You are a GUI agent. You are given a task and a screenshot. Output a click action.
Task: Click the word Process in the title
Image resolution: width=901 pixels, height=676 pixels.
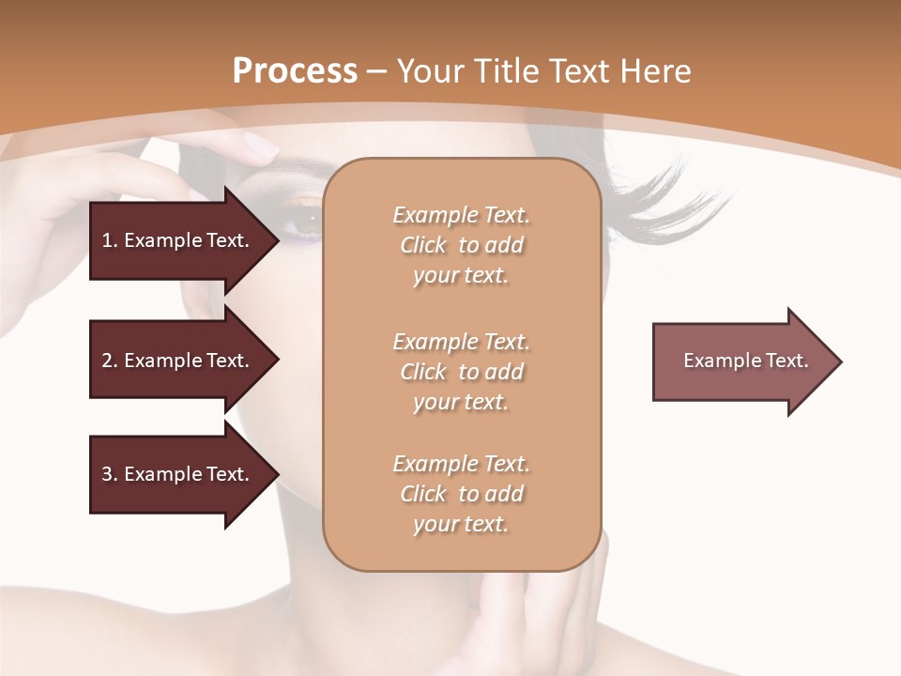295,71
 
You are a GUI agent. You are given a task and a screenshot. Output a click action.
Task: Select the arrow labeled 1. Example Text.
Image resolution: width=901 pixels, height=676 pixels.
178,240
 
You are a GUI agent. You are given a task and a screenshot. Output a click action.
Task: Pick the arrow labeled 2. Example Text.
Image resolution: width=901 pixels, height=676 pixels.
178,361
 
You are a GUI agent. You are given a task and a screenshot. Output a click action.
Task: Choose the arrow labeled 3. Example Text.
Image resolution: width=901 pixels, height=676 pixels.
178,474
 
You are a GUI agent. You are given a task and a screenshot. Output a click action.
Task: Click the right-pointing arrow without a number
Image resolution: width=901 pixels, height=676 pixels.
741,361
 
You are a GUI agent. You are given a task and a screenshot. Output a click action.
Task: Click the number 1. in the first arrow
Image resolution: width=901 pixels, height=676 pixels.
109,240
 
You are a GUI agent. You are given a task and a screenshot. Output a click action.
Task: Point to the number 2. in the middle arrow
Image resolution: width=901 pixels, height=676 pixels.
109,361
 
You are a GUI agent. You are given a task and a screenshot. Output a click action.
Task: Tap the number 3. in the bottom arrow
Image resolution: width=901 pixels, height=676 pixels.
109,474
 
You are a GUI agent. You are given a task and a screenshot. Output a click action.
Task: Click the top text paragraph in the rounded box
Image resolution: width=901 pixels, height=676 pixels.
461,245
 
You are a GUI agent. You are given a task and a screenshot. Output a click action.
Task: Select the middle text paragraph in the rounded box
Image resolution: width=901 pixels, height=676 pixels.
461,372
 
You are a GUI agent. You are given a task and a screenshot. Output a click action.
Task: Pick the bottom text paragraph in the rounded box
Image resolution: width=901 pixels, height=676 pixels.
461,494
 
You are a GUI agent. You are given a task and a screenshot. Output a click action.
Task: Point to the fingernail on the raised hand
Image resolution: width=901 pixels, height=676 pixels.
259,146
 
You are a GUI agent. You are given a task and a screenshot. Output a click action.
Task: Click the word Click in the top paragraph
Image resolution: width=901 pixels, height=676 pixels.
423,245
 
